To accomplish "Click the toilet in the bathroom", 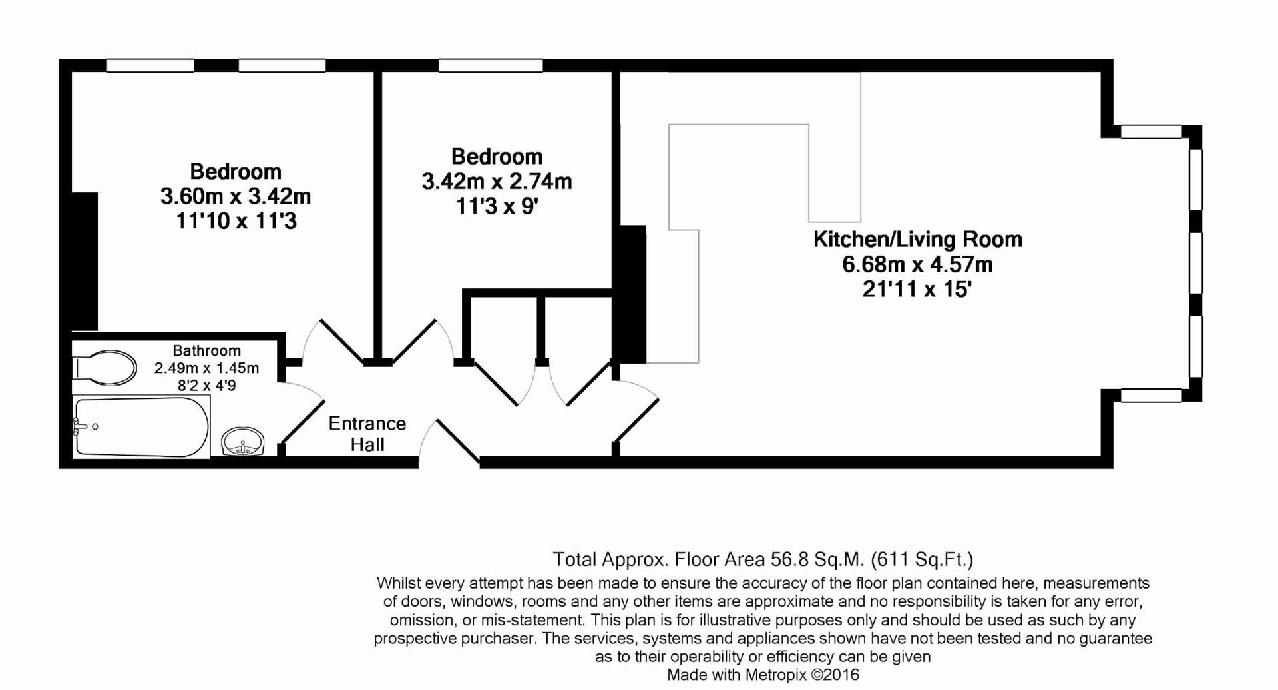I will point(106,368).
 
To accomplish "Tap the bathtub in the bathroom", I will point(141,427).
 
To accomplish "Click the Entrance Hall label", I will point(367,434).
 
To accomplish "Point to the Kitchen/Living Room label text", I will point(917,240).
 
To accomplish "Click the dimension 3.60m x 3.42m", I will point(235,196).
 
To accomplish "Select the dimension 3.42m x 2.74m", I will point(497,181).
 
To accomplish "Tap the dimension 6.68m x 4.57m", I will point(917,264).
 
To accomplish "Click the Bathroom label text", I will point(206,350).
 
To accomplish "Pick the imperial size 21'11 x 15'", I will point(917,290).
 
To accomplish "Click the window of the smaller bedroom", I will point(491,65).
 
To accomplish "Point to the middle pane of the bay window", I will point(1195,262).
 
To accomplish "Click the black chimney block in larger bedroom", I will point(85,261).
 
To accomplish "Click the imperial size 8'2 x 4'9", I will point(206,385).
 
